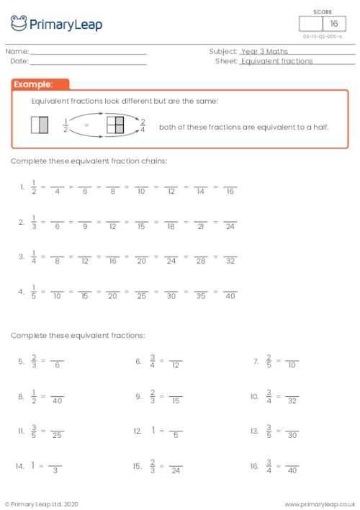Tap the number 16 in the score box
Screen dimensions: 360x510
[x=333, y=24]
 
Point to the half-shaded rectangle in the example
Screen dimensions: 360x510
[x=40, y=126]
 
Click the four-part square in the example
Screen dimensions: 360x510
[x=115, y=126]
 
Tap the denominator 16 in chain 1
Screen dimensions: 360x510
[x=230, y=192]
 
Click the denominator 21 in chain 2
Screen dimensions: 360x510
[x=201, y=226]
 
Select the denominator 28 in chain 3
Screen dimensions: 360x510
[x=201, y=261]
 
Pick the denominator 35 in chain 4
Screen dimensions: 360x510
[x=201, y=296]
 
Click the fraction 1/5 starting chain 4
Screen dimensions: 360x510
[x=33, y=292]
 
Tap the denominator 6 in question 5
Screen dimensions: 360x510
[x=58, y=366]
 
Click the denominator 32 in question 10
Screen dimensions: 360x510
[x=292, y=401]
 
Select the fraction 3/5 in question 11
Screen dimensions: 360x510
[x=33, y=431]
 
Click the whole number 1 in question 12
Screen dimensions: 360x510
[x=153, y=430]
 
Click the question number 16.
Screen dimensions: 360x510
[x=254, y=466]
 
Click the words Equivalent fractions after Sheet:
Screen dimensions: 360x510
[x=277, y=62]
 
